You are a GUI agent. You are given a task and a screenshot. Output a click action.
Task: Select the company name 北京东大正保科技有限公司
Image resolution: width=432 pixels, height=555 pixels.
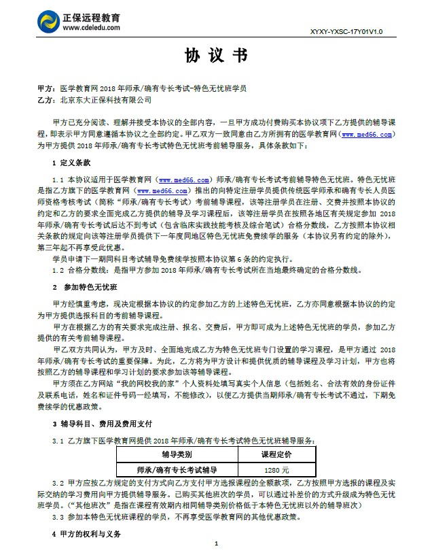[x=105, y=100]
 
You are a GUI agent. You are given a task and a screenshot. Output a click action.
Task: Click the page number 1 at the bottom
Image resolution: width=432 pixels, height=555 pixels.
[x=215, y=543]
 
